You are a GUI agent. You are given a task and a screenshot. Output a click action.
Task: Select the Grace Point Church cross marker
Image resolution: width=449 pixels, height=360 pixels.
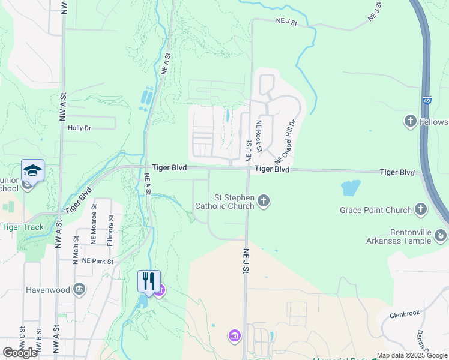click(421, 210)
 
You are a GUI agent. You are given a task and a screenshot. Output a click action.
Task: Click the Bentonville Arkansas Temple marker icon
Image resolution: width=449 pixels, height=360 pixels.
click(441, 235)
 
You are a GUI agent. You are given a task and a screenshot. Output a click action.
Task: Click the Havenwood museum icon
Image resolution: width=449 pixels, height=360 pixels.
click(79, 290)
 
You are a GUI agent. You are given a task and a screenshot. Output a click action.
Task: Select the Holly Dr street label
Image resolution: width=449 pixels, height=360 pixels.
click(79, 128)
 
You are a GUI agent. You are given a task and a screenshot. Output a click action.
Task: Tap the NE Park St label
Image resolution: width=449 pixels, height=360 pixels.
click(98, 261)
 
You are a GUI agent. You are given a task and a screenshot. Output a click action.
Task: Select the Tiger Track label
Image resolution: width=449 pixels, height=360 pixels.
click(20, 226)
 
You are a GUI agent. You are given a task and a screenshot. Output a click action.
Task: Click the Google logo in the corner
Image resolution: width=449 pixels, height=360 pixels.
click(20, 353)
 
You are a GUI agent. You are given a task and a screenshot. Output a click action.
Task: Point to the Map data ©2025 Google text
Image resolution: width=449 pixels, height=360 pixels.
click(412, 355)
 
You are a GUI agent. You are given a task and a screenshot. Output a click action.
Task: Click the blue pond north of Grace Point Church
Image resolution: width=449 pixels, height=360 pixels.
click(351, 188)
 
